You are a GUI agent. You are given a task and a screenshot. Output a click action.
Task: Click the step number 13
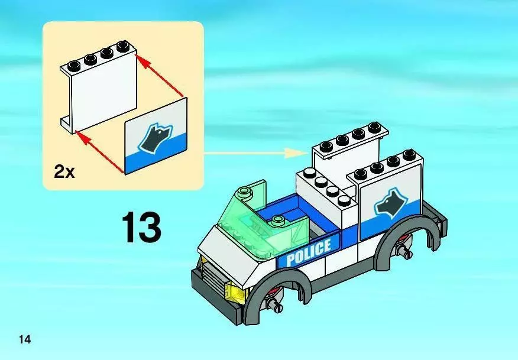click(x=142, y=228)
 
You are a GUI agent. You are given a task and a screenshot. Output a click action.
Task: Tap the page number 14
click(x=25, y=339)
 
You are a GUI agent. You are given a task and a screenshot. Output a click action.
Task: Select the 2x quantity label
click(x=64, y=172)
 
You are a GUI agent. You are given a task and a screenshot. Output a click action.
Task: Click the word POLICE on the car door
click(x=309, y=252)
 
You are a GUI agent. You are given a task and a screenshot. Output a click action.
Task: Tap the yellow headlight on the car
click(x=235, y=292)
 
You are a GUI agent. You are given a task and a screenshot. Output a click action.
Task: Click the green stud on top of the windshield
click(x=244, y=190)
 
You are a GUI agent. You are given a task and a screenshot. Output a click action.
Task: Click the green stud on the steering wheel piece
click(x=279, y=219)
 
